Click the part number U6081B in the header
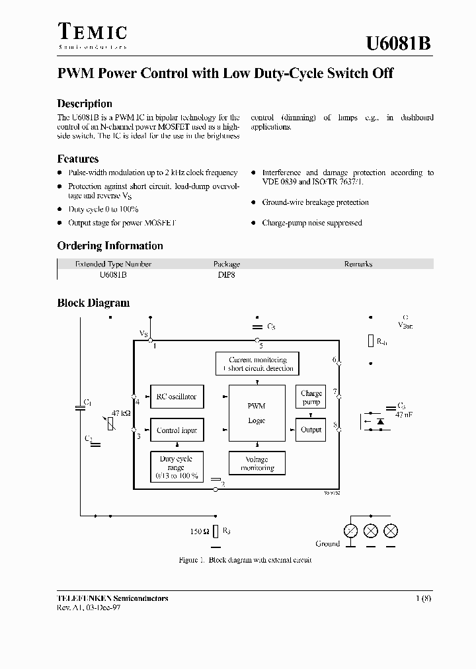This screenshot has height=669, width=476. [x=399, y=44]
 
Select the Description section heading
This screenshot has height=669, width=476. [x=85, y=104]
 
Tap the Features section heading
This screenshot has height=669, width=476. [x=78, y=159]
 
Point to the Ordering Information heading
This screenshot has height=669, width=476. [x=110, y=246]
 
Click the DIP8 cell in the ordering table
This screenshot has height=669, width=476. [x=226, y=274]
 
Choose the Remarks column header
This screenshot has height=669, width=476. [x=358, y=264]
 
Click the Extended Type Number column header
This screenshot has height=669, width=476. [x=113, y=264]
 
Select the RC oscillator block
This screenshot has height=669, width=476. [x=176, y=397]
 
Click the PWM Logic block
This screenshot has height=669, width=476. [x=257, y=413]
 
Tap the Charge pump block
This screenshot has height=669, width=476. [x=311, y=397]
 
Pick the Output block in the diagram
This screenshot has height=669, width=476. [x=311, y=430]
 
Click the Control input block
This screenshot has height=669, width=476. [x=176, y=430]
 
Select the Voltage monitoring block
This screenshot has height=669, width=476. [x=257, y=463]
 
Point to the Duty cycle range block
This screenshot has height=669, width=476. [x=176, y=467]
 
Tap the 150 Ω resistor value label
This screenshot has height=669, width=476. [x=198, y=531]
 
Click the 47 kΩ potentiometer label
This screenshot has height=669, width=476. [x=121, y=413]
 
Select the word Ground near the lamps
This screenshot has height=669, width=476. [x=327, y=543]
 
